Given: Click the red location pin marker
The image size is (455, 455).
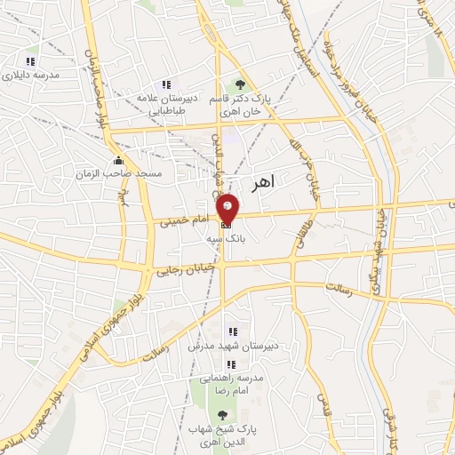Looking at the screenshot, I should [x=227, y=210].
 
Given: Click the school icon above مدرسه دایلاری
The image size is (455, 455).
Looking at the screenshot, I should [x=31, y=61].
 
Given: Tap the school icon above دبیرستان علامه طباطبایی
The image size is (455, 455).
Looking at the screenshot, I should [x=166, y=84].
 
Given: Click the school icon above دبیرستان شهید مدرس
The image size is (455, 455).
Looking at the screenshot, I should [x=232, y=331].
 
